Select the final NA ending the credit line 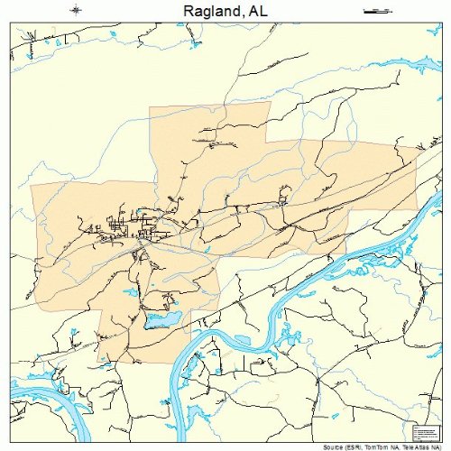coord(441,446)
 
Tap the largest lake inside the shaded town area coord(162,320)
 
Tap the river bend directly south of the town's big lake coord(180,361)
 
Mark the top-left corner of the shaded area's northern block coord(150,107)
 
